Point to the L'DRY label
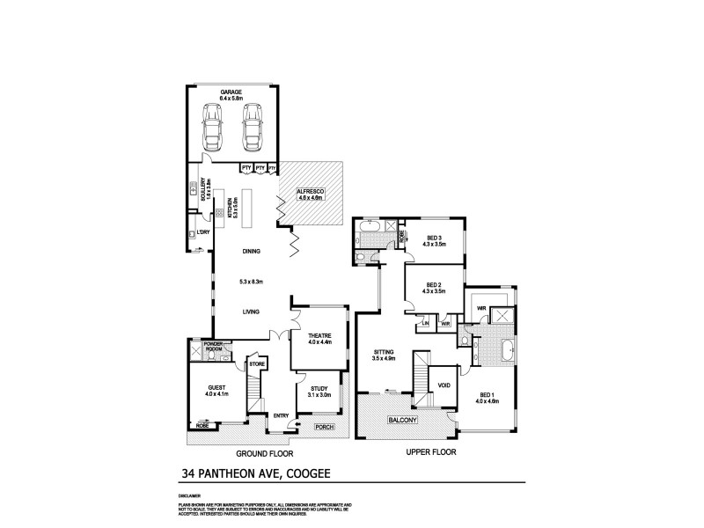pos(203,232)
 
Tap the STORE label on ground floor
pos(257,363)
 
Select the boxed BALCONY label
pos(405,422)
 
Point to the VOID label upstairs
pos(444,385)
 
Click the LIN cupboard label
pos(425,324)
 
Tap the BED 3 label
pos(436,238)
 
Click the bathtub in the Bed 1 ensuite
pos(507,352)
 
